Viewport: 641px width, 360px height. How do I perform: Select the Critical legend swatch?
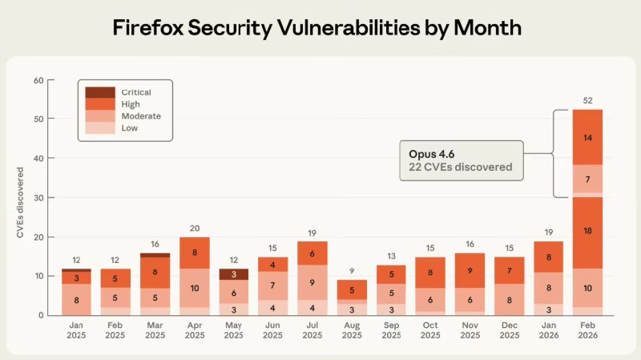100,92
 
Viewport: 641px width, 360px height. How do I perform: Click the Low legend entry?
100,128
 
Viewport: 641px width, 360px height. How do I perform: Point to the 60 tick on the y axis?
38,80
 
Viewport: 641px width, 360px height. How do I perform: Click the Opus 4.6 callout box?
462,160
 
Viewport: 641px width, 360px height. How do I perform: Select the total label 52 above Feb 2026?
587,99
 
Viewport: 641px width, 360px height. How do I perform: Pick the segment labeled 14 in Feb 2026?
587,137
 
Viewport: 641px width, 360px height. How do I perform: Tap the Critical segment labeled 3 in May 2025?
234,274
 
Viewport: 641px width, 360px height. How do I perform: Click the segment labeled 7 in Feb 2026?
587,178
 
